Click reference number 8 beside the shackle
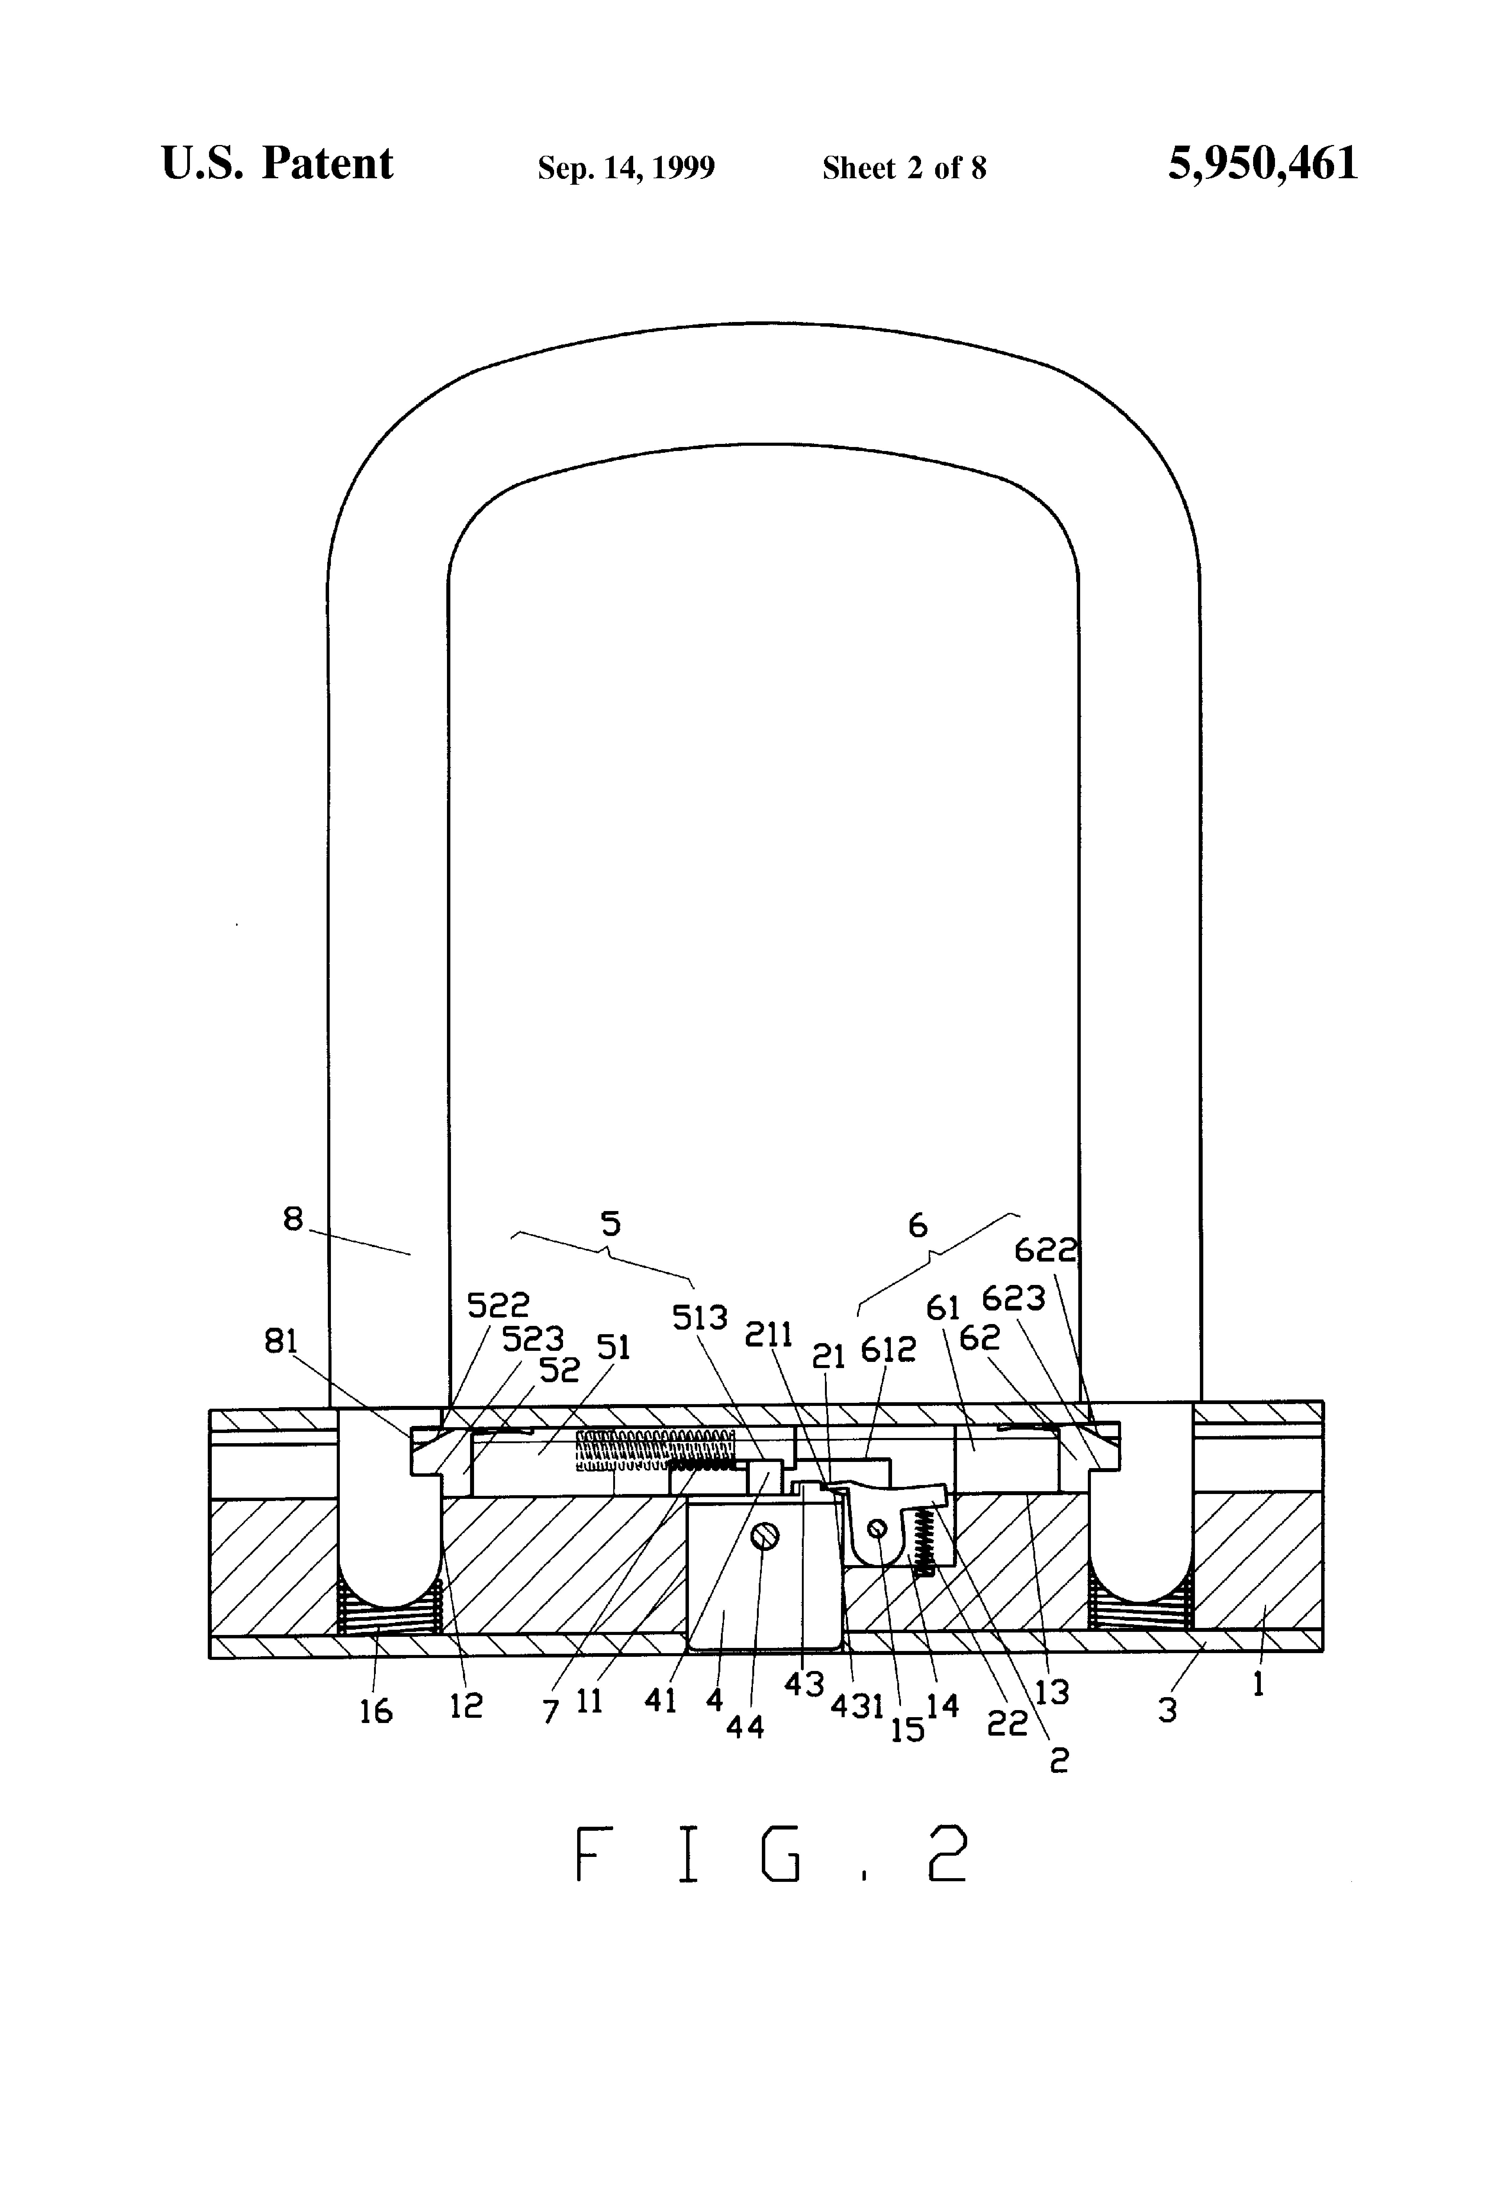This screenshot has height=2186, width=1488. point(293,1219)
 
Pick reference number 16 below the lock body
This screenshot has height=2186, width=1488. point(375,1711)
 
